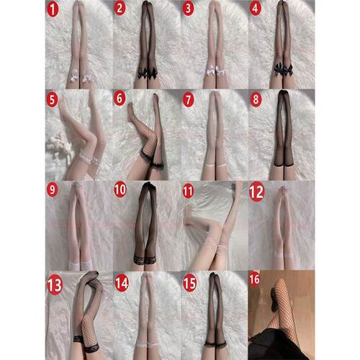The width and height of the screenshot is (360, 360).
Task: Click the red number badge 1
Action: pyautogui.click(x=53, y=10)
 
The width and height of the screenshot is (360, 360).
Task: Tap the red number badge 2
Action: pyautogui.click(x=120, y=9)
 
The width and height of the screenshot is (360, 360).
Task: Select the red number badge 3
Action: pyautogui.click(x=188, y=9)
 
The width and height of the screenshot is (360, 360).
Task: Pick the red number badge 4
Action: pyautogui.click(x=255, y=9)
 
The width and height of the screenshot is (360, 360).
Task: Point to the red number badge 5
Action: pyautogui.click(x=52, y=99)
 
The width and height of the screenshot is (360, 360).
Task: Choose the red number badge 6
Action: pyautogui.click(x=120, y=98)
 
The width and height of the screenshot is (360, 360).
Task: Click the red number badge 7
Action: pyautogui.click(x=188, y=100)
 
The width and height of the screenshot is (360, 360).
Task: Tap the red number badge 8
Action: pyautogui.click(x=256, y=99)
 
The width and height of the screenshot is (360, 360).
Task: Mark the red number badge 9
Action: pyautogui.click(x=52, y=190)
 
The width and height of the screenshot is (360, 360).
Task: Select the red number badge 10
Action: pyautogui.click(x=120, y=190)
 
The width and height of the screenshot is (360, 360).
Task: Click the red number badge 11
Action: pyautogui.click(x=188, y=192)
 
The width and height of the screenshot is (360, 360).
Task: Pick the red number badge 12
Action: pyautogui.click(x=257, y=192)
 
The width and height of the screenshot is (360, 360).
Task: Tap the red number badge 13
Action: pyautogui.click(x=55, y=285)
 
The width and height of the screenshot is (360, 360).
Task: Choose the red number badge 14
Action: pyautogui.click(x=122, y=284)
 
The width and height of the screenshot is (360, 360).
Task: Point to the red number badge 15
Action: pyautogui.click(x=189, y=284)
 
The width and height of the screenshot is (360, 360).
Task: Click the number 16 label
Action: pyautogui.click(x=254, y=279)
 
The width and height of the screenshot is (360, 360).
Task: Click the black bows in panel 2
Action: pyautogui.click(x=147, y=73)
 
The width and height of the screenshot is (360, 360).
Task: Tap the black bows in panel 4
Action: pyautogui.click(x=283, y=69)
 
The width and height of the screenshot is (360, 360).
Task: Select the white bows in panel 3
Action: pyautogui.click(x=215, y=71)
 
